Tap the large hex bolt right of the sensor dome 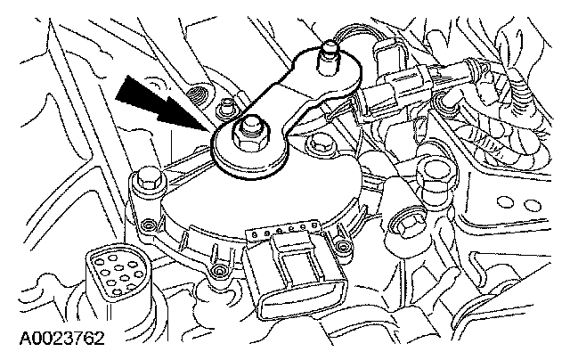coord(435,172)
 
